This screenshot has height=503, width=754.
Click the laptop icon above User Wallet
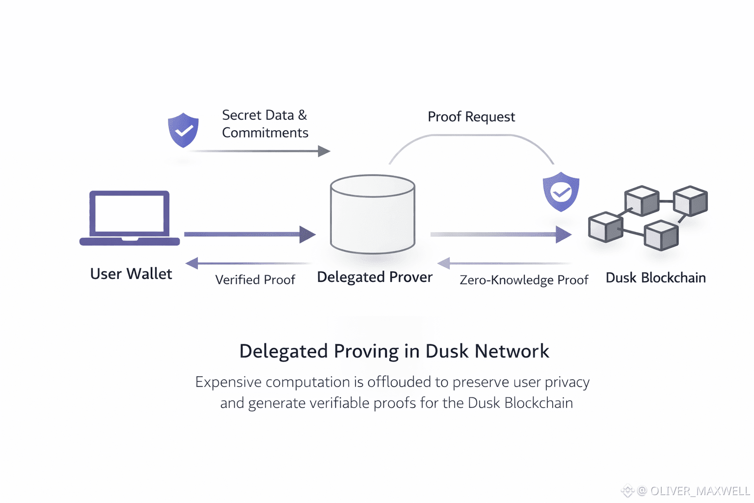pos(130,218)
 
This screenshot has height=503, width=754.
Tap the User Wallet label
pos(131,274)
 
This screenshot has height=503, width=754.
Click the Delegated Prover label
pos(375,277)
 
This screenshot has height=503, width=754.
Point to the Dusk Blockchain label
pos(655,278)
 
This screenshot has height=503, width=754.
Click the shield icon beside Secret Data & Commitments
pos(183,130)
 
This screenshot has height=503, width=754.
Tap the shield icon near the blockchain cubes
pos(561,192)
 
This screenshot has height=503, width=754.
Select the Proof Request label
pos(471,117)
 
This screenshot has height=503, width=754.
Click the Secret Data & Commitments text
pos(265,124)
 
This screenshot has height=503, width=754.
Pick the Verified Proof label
pos(255,280)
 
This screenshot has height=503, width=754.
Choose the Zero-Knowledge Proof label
pos(524,280)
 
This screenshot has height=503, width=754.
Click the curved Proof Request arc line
pos(471,136)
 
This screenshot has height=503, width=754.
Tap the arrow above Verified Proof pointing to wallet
pos(248,264)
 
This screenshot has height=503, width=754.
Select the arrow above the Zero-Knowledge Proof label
pos(506,264)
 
